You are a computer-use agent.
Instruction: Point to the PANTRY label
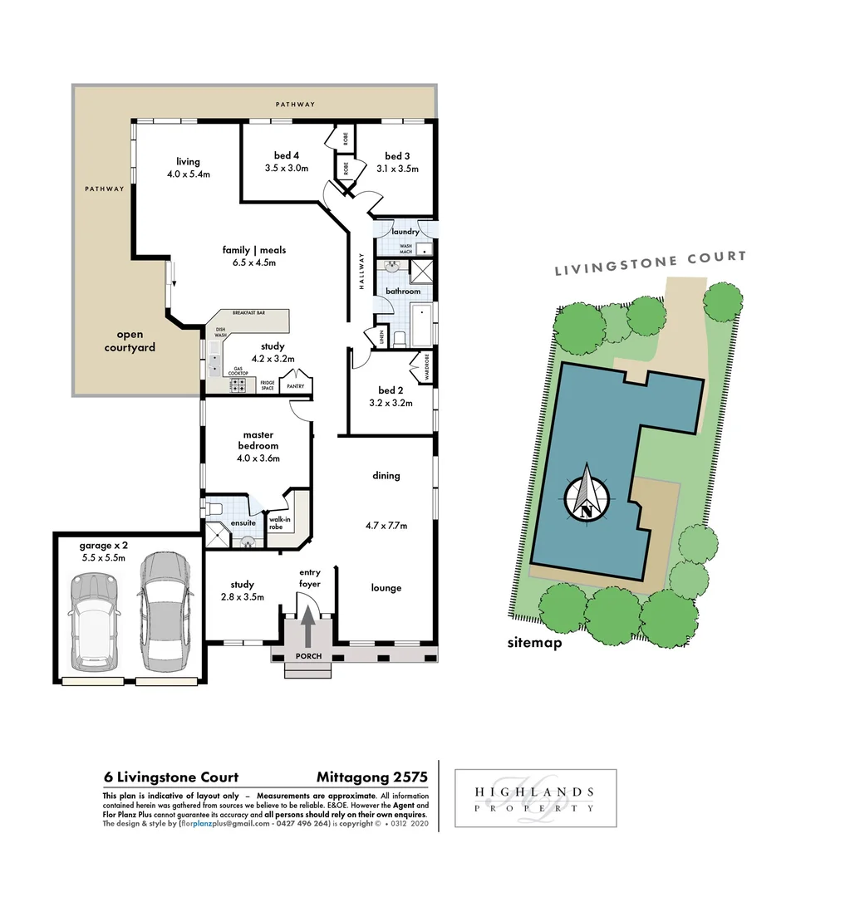coord(295,386)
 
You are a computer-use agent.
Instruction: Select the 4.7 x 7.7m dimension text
coord(386,526)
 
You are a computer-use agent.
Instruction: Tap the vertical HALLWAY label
coord(362,271)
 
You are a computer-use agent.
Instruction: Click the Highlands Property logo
coord(536,798)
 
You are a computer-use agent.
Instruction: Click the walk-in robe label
coord(278,522)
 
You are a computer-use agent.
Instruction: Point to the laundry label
coord(405,232)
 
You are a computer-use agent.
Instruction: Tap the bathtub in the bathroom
coord(421,325)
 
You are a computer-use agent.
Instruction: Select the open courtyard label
coord(130,341)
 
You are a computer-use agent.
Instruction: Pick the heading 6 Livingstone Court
coord(171,777)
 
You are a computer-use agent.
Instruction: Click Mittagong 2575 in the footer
coord(371,777)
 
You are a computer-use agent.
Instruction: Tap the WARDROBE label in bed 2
coord(426,365)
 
